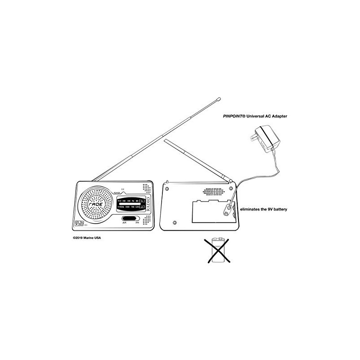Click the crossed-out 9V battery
220,250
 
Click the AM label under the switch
124,224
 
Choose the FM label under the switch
137,224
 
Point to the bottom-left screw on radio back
174,223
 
